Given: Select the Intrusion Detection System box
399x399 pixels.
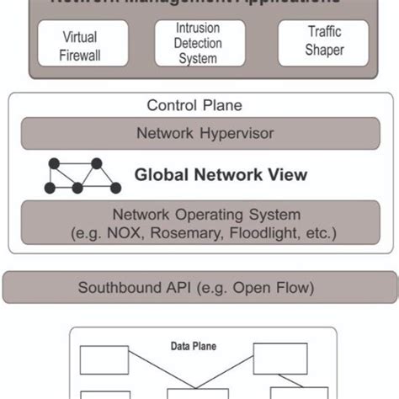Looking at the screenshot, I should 199,44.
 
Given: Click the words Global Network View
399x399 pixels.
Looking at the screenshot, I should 221,176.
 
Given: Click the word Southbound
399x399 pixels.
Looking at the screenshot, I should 118,288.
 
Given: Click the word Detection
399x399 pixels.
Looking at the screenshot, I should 199,44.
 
